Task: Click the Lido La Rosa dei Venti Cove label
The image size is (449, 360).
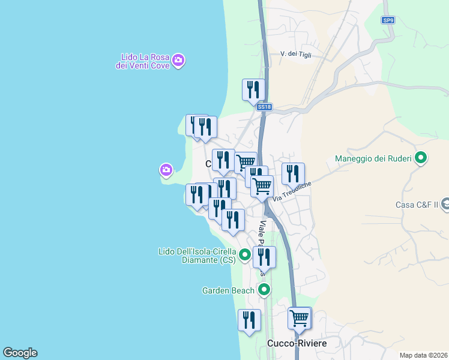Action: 142,62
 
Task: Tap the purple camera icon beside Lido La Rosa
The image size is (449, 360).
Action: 178,60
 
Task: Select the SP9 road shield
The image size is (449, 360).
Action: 388,20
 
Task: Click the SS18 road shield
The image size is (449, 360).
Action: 264,107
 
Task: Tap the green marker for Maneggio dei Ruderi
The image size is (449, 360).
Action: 421,158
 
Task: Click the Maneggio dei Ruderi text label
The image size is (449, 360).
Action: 373,159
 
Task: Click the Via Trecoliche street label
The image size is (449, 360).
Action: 292,193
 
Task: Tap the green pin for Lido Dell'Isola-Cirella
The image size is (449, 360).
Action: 245,256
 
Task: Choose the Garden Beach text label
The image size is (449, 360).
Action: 228,291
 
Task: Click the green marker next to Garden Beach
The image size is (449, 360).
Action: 264,290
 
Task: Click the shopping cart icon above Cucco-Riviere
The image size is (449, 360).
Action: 299,318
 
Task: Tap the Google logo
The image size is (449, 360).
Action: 20,353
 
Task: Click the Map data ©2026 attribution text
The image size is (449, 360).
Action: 423,355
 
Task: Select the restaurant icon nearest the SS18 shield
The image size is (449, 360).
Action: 253,90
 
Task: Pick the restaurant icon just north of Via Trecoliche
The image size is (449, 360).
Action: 293,174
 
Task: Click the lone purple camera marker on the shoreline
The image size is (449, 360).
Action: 166,170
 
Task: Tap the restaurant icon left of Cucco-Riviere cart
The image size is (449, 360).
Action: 249,320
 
